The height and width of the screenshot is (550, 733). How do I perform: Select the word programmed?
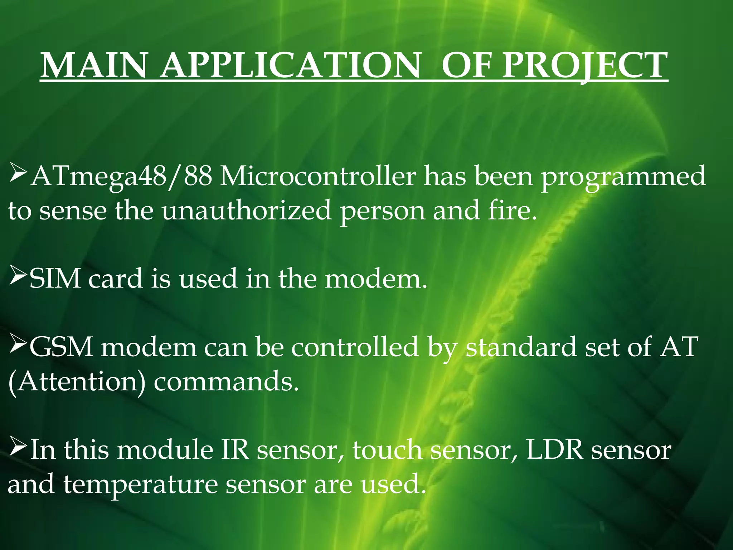623,177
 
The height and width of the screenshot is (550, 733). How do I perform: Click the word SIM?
55,279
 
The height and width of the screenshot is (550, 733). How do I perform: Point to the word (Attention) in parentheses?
77,381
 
